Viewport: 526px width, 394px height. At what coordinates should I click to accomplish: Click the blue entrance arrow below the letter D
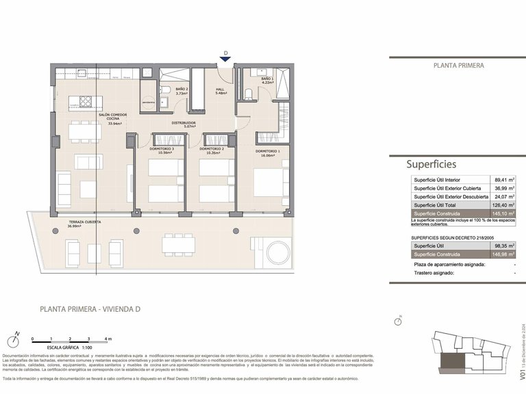pyautogui.click(x=226, y=60)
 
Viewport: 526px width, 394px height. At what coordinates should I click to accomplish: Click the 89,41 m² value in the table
pyautogui.click(x=504, y=180)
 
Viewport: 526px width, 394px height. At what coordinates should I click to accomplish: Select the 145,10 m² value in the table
pyautogui.click(x=504, y=213)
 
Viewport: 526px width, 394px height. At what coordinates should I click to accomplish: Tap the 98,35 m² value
pyautogui.click(x=504, y=245)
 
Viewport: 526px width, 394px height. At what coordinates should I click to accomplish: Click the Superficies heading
pyautogui.click(x=431, y=164)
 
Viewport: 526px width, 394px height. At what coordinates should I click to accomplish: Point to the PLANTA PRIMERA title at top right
pyautogui.click(x=459, y=66)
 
